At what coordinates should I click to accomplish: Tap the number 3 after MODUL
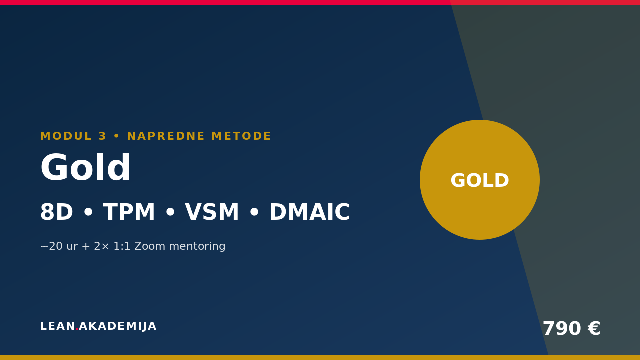pyautogui.click(x=102, y=136)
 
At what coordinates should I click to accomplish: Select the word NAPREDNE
pyautogui.click(x=166, y=136)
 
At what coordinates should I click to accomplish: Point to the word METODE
pyautogui.click(x=241, y=136)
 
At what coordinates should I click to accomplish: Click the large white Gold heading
pyautogui.click(x=85, y=167)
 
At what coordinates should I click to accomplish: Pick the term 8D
pyautogui.click(x=57, y=212)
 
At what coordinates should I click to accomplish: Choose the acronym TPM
pyautogui.click(x=129, y=212)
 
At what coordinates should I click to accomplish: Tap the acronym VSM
pyautogui.click(x=211, y=212)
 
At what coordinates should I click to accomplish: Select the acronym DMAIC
pyautogui.click(x=309, y=212)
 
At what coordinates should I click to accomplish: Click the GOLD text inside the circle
pyautogui.click(x=480, y=180)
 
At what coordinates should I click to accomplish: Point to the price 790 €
pyautogui.click(x=571, y=328)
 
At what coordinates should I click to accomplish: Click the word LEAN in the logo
pyautogui.click(x=57, y=326)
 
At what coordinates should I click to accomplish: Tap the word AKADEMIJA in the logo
pyautogui.click(x=117, y=326)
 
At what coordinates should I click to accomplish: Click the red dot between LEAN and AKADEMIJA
pyautogui.click(x=77, y=329)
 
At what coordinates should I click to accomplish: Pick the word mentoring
pyautogui.click(x=197, y=247)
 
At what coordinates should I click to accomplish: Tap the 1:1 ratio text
pyautogui.click(x=122, y=246)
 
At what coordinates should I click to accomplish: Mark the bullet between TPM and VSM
pyautogui.click(x=170, y=213)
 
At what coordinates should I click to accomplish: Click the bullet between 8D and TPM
pyautogui.click(x=88, y=213)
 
